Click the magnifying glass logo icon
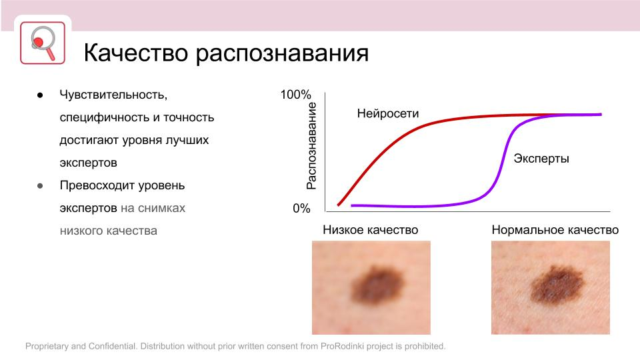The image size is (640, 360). [43, 43]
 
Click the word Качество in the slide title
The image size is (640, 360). [136, 53]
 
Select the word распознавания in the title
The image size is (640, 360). [282, 54]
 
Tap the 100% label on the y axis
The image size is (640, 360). [295, 95]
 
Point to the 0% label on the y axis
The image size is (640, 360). [301, 209]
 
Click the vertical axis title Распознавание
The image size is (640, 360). [311, 146]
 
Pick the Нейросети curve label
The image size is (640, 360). [388, 113]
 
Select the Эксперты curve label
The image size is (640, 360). [541, 159]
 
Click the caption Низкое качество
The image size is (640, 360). [370, 230]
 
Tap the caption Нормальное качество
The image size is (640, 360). [555, 230]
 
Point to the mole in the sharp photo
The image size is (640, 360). [557, 284]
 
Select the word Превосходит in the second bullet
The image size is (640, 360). [97, 185]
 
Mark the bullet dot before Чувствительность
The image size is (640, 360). [40, 95]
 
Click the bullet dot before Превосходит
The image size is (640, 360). [40, 186]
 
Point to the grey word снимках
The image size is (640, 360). [161, 208]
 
